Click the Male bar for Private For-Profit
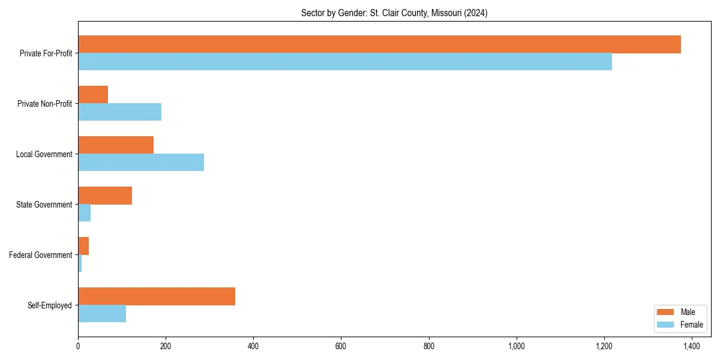coord(379,44)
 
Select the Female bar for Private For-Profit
coord(345,62)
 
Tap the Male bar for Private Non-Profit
coord(93,95)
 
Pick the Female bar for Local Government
coord(141,163)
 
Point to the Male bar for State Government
coord(105,196)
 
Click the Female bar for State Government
coord(84,213)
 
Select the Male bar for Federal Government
coord(83,246)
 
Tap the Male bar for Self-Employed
coord(157,296)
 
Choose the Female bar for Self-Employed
coord(102,314)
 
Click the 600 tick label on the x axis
coord(341,346)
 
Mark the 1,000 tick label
coord(516,346)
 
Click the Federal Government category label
coord(41,255)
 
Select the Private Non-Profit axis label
coord(44,104)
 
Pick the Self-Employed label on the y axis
coord(50,305)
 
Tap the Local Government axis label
coord(44,154)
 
